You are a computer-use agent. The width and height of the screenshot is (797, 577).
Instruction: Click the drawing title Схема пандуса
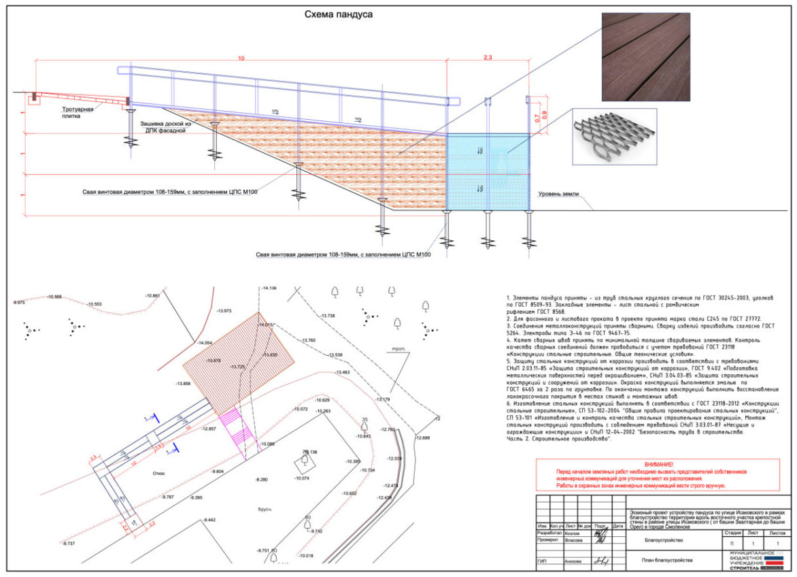338,14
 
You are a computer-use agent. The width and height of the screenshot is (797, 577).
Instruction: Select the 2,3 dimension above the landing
487,59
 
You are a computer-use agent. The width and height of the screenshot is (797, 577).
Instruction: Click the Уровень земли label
558,194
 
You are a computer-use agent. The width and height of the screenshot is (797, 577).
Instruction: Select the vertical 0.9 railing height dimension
543,113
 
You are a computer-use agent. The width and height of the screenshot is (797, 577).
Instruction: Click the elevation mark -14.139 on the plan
269,288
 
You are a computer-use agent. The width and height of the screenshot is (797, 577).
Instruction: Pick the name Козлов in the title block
573,533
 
